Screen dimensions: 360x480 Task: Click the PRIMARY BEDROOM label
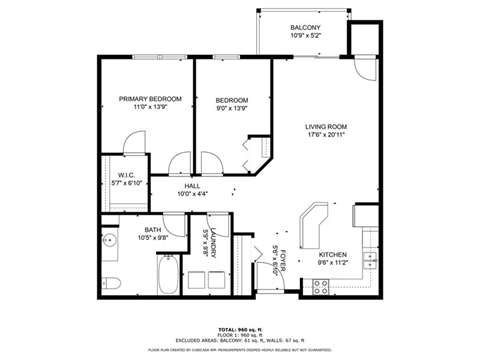click(x=150, y=99)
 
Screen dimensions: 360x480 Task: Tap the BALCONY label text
click(x=305, y=27)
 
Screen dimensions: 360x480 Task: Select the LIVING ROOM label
click(x=326, y=127)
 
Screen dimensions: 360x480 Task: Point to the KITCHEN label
click(x=333, y=255)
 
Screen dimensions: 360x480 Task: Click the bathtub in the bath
click(x=166, y=274)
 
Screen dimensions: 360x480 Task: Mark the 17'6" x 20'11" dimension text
click(x=326, y=136)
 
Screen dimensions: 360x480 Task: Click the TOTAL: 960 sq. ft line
click(x=240, y=327)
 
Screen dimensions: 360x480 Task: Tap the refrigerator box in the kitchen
click(x=365, y=215)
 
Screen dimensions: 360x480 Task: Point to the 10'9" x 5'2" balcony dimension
click(x=305, y=36)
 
